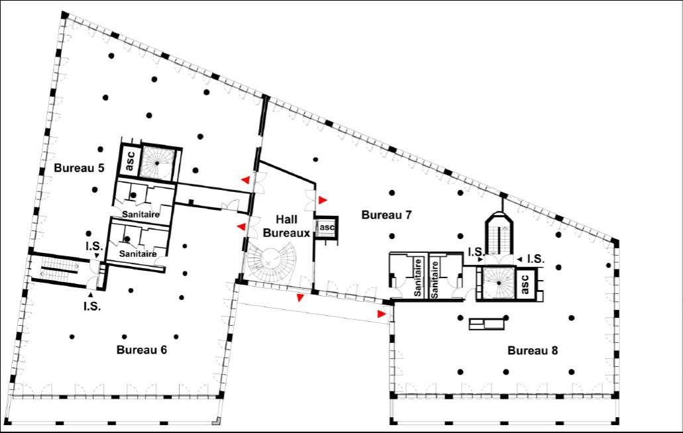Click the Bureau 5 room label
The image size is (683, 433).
(x=79, y=168)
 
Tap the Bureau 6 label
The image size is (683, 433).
(x=142, y=350)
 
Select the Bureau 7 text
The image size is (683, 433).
(x=386, y=215)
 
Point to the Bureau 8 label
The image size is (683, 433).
(x=532, y=350)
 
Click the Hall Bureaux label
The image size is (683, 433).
(x=287, y=226)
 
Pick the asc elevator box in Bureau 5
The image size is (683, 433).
(x=130, y=161)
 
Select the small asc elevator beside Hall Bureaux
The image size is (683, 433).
(x=326, y=228)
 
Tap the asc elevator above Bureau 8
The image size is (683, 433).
(x=525, y=283)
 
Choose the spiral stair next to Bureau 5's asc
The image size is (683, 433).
(x=157, y=163)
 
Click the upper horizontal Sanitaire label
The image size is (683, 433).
(x=140, y=215)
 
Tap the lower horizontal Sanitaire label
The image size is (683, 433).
(x=138, y=254)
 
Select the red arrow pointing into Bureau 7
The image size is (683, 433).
(x=323, y=200)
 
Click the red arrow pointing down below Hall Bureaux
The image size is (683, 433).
(x=300, y=298)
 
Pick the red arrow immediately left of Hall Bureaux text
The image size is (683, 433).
(x=241, y=226)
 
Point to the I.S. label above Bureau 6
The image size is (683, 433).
(x=94, y=247)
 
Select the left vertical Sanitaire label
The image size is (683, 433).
(x=418, y=277)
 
